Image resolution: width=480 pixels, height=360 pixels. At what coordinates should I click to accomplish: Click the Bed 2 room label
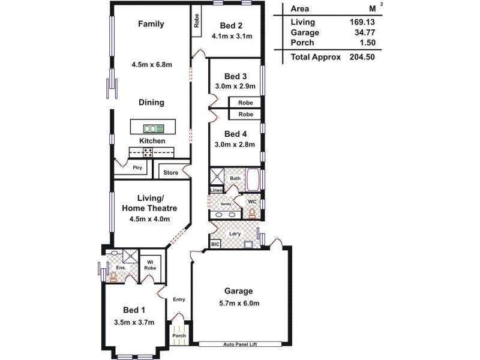[231, 25]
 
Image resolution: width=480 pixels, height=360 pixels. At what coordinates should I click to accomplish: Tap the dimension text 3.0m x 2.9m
[235, 86]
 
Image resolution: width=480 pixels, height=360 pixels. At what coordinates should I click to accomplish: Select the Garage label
[238, 292]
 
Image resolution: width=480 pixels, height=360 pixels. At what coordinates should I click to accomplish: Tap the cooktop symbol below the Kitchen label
[148, 152]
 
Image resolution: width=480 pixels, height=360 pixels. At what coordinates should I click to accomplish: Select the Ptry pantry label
[137, 168]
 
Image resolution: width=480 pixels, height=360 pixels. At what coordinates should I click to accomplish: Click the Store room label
[171, 173]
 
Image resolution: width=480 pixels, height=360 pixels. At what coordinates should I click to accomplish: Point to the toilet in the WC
[253, 212]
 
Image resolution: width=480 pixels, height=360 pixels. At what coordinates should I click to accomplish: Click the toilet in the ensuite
[113, 277]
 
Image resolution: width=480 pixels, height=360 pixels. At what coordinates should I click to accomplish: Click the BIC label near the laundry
[215, 244]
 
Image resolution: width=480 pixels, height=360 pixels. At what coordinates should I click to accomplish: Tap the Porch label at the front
[179, 335]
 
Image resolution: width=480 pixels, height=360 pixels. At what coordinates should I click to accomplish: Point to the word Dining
[151, 103]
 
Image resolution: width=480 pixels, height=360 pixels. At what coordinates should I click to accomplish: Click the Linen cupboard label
[216, 190]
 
